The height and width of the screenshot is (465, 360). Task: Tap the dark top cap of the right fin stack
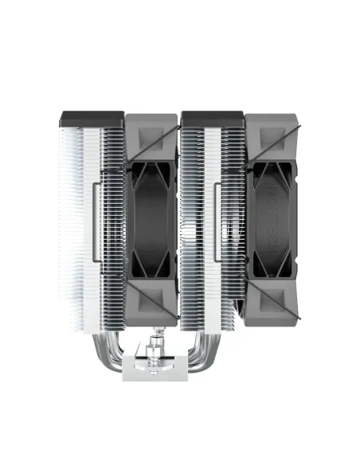(x=212, y=119)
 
